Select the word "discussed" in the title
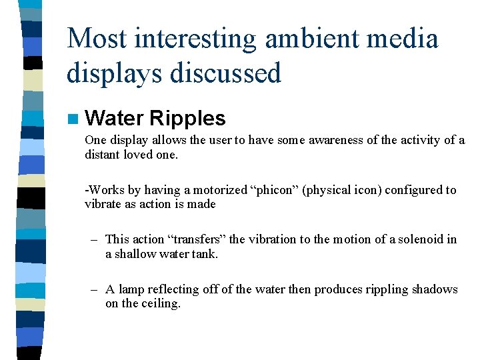(x=225, y=72)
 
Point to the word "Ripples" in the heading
(x=187, y=119)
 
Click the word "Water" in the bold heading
(x=115, y=119)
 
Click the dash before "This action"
(x=95, y=239)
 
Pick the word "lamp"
(x=131, y=289)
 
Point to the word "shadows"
(x=435, y=289)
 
